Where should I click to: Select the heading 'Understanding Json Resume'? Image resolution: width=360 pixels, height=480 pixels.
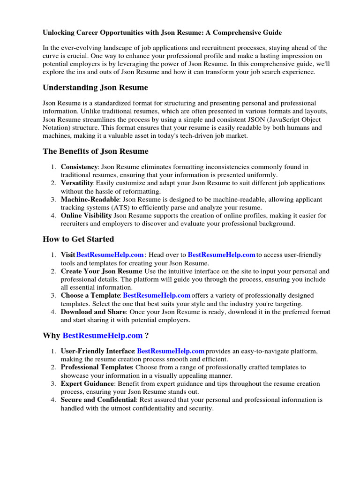(x=95, y=87)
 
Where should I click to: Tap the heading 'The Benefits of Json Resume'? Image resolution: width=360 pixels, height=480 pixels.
(x=96, y=151)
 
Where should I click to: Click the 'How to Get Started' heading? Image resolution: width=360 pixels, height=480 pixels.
(x=78, y=239)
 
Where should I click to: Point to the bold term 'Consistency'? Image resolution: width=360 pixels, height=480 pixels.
(x=79, y=167)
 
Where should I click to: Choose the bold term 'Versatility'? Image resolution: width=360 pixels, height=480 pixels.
(x=77, y=183)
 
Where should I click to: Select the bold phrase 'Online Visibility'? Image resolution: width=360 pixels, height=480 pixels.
(x=86, y=216)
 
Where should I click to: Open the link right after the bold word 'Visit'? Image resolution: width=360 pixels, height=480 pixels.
(x=110, y=255)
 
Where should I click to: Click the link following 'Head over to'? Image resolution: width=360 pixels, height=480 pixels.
(x=221, y=255)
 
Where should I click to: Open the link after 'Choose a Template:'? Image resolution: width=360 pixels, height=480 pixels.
(x=156, y=296)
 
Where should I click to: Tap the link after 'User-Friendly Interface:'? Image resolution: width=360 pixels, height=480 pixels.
(x=171, y=351)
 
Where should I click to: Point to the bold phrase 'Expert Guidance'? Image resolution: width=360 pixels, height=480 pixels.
(x=87, y=384)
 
